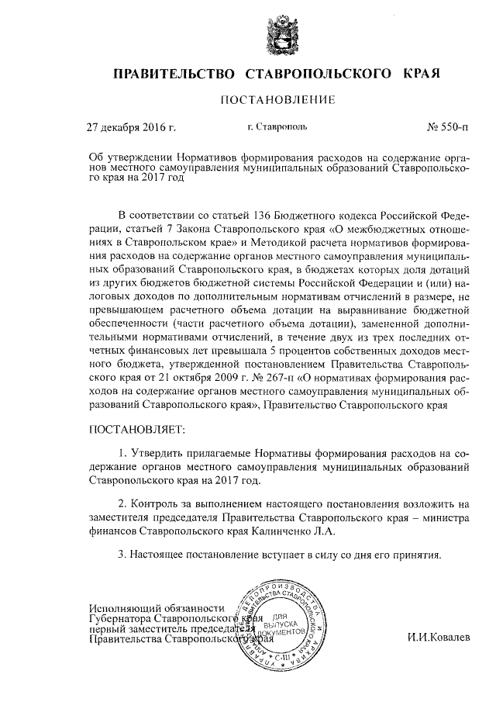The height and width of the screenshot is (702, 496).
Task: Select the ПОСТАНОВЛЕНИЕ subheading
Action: point(277,99)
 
